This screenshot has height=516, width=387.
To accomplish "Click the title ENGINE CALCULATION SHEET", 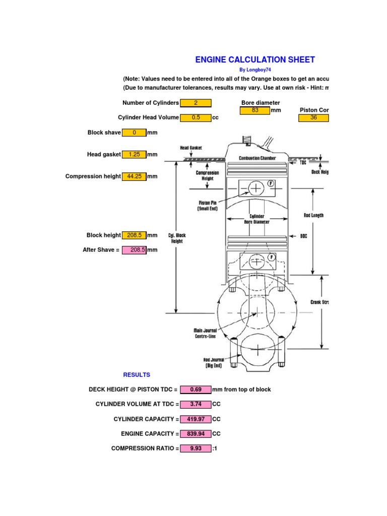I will click(255, 59).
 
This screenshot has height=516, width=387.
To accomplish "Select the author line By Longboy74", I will click(255, 70).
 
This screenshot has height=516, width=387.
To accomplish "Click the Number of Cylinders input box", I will click(196, 103).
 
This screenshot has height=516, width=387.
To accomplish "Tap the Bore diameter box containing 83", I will click(255, 110).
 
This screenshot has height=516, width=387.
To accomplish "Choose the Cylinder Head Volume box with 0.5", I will click(196, 117).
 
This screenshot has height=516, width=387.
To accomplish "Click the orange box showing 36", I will click(313, 117).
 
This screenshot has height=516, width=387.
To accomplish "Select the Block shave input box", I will click(134, 133).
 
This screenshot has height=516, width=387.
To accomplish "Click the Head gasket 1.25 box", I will click(134, 155).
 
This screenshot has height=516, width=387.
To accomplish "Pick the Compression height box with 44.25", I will click(134, 176).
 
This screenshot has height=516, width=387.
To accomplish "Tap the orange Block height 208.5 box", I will click(134, 235).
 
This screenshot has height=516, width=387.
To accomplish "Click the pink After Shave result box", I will click(134, 250).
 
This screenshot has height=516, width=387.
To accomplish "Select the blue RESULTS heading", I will click(137, 375).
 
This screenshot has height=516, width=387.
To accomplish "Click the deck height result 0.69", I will click(196, 390).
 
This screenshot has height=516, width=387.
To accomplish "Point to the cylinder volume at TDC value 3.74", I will click(196, 404).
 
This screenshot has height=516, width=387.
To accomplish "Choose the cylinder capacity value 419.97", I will click(196, 419).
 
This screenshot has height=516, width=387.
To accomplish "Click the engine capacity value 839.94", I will click(196, 434).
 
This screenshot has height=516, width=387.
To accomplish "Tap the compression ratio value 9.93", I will click(196, 448).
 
